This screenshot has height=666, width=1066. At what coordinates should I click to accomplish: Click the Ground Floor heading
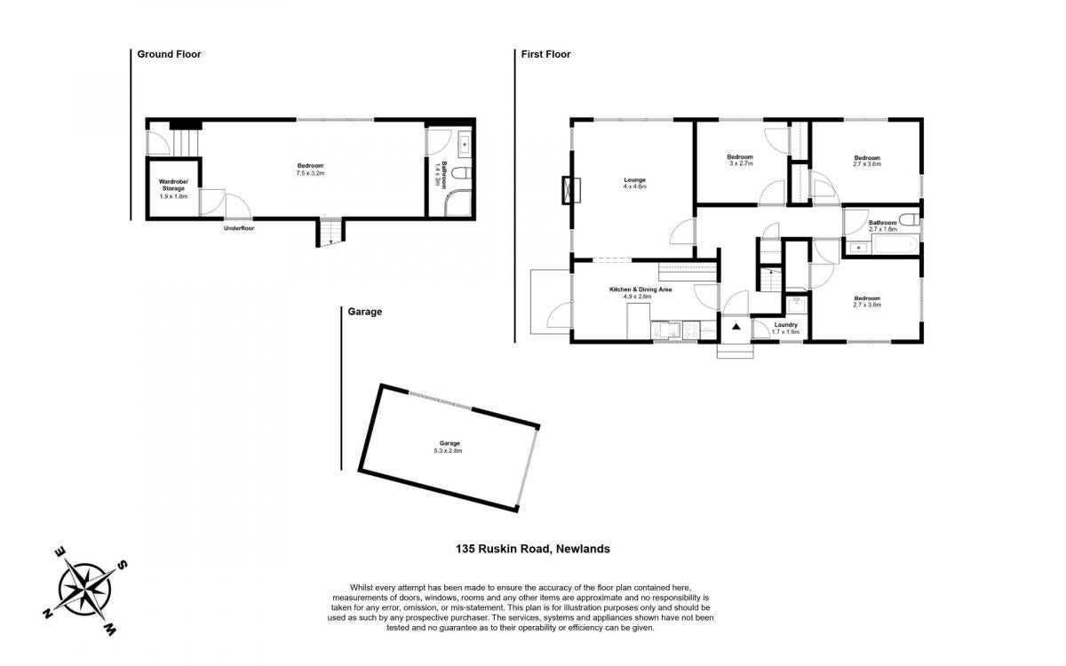[169, 54]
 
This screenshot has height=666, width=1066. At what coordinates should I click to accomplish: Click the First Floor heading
[545, 54]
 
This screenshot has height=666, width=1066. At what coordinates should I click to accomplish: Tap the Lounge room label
[635, 179]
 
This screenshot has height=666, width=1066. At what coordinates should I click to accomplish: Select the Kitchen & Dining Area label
[640, 289]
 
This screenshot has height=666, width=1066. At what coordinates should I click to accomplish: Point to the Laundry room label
[785, 324]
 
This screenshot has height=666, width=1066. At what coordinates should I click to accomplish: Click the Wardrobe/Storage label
[173, 185]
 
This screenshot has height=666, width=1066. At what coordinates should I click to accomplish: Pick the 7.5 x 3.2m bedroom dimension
[310, 173]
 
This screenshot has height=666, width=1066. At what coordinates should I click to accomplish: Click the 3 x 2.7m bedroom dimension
[740, 163]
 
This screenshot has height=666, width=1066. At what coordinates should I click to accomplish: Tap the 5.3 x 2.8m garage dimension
[448, 450]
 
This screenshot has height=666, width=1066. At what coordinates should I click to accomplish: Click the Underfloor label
[239, 228]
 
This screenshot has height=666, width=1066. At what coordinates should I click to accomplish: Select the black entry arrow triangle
[736, 327]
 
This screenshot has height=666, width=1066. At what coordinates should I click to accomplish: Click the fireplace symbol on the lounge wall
[571, 190]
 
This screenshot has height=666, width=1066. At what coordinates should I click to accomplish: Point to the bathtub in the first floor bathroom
[895, 245]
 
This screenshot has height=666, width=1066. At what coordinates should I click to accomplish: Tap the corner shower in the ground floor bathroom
[457, 203]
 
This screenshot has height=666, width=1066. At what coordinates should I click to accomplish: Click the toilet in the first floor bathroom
[909, 219]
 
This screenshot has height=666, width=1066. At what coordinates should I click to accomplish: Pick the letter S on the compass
[123, 565]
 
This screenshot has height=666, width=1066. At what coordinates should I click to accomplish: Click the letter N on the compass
[48, 613]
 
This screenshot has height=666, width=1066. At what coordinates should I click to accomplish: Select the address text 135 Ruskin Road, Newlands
[532, 549]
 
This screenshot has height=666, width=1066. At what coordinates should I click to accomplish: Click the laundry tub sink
[796, 305]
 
